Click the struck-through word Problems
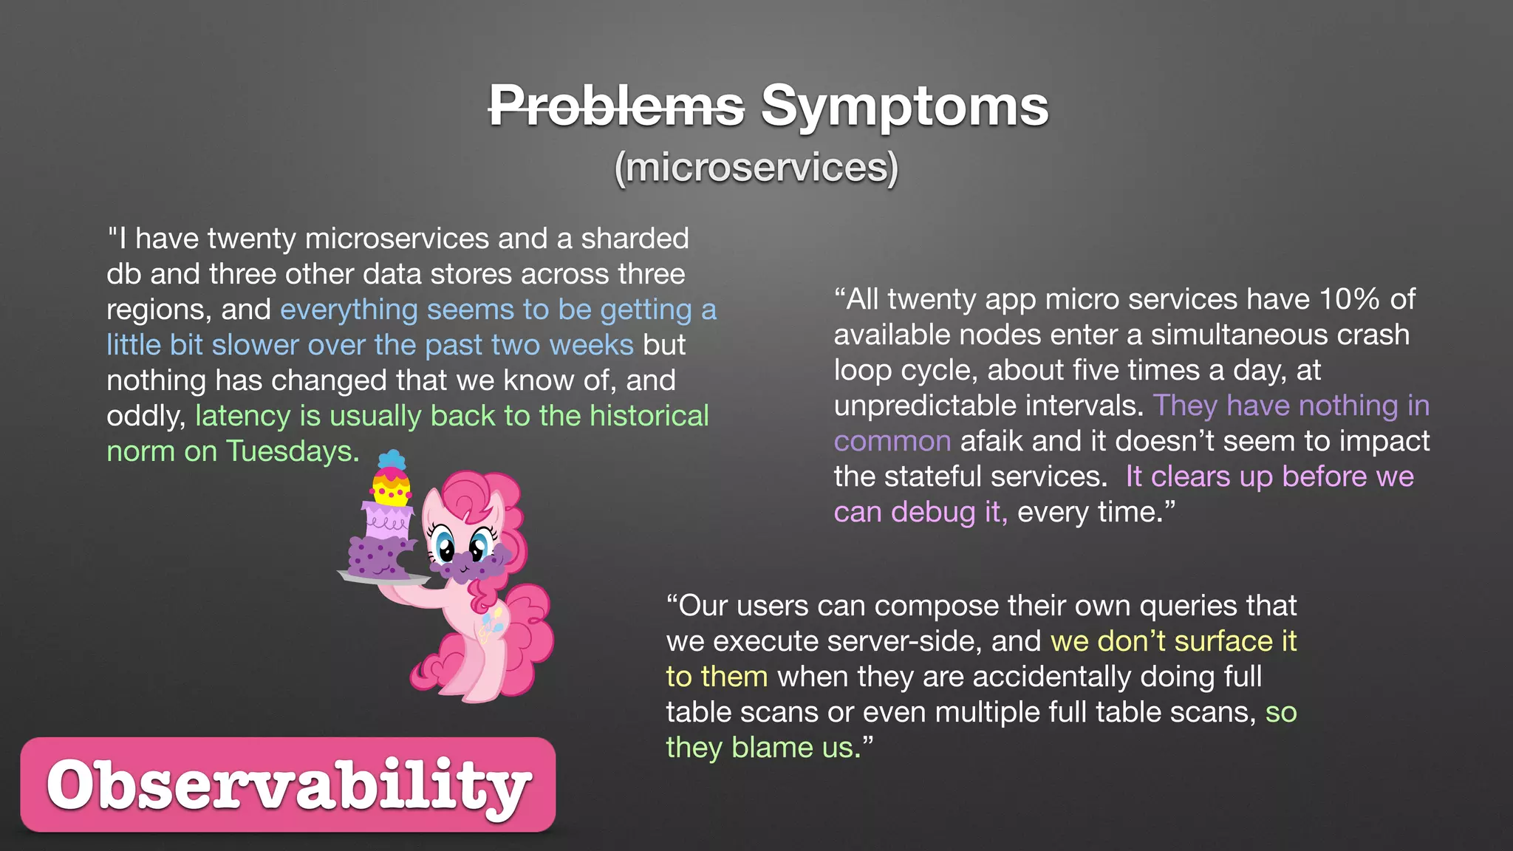pyautogui.click(x=616, y=106)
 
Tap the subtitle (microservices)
pyautogui.click(x=756, y=167)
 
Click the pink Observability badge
pyautogui.click(x=288, y=785)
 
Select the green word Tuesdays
pyautogui.click(x=292, y=451)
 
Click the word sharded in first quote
pyautogui.click(x=635, y=239)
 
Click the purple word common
pyautogui.click(x=892, y=441)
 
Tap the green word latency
pyautogui.click(x=242, y=416)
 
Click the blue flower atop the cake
pyautogui.click(x=392, y=459)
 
